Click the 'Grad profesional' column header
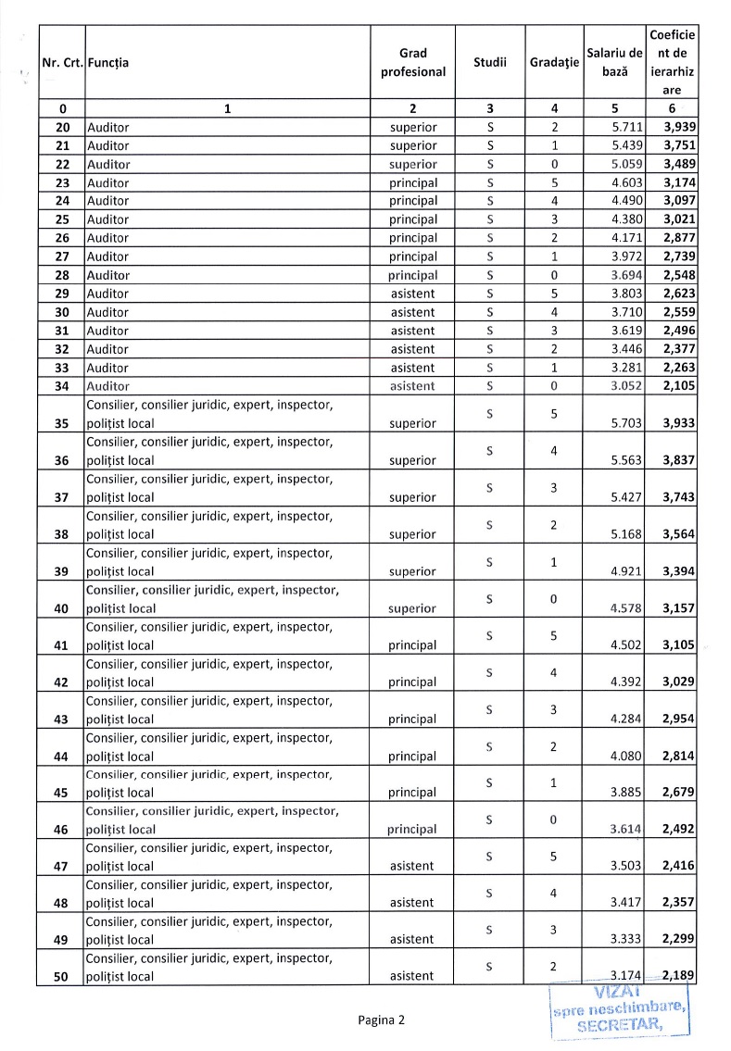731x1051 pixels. tap(412, 62)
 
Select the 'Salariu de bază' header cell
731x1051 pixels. tap(615, 62)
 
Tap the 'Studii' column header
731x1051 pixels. tap(490, 62)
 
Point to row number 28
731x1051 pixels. tap(62, 275)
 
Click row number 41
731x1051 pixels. tap(62, 645)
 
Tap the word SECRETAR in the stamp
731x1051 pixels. tap(619, 1024)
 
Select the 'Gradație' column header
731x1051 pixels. tap(554, 62)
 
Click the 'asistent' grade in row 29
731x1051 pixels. tap(412, 294)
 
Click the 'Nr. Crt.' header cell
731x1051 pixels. tap(62, 62)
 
